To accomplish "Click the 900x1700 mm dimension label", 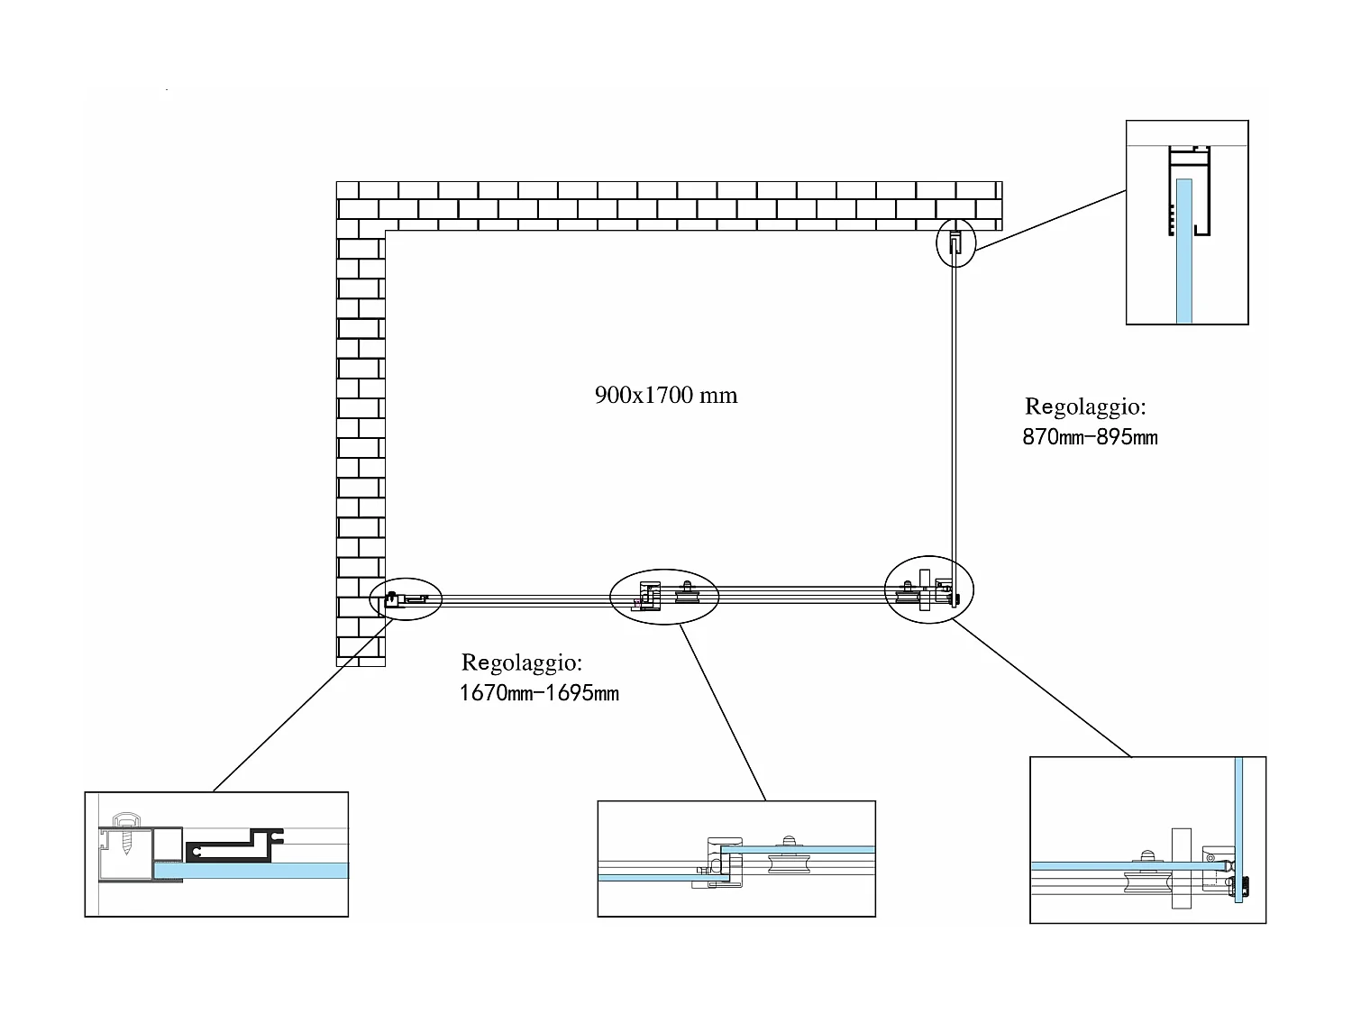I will [x=666, y=395].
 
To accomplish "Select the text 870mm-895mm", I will [x=1090, y=438].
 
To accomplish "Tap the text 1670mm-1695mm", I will [x=539, y=693].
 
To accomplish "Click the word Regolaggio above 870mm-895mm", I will [x=1085, y=407].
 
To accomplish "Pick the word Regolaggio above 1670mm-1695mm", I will [x=522, y=662].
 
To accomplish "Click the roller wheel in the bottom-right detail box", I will [x=1147, y=878].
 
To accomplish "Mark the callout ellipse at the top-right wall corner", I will [x=956, y=242].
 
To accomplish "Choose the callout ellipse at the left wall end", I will [x=407, y=598].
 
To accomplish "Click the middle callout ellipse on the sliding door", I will [x=664, y=596].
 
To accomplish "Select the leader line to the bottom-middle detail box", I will [x=723, y=712].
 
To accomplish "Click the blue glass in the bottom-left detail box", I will [x=261, y=871].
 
